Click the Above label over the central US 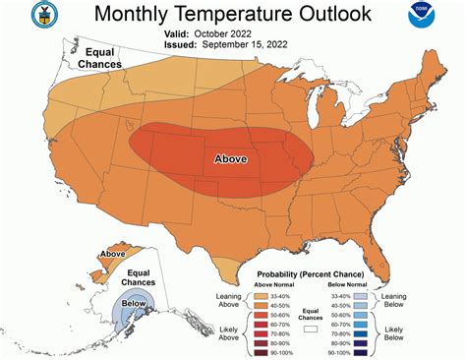click(231, 158)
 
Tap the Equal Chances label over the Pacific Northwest click(102, 57)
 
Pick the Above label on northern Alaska click(112, 255)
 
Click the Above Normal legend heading click(278, 284)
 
